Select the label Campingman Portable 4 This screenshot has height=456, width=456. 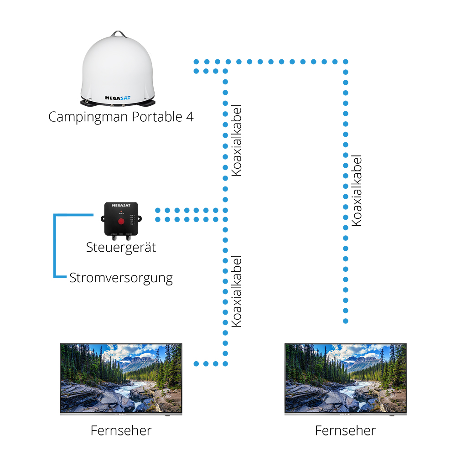121,117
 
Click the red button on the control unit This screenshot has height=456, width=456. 121,222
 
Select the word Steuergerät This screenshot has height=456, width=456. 121,248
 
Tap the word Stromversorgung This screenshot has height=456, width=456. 121,278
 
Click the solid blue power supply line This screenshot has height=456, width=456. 55,246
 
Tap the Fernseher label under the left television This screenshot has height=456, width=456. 121,430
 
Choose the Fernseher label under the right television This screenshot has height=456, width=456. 345,430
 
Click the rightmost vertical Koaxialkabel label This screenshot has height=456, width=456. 357,190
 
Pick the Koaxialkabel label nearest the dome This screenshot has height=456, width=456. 236,140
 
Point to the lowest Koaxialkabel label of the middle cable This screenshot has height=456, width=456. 236,291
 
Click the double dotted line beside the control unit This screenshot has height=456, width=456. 187,215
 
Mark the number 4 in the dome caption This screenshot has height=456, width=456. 190,117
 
